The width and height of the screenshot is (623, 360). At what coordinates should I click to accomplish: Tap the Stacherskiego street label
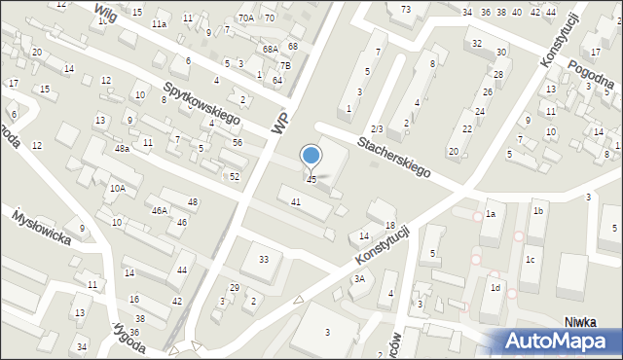click(x=393, y=155)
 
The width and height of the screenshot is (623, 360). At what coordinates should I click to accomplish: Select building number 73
click(x=405, y=9)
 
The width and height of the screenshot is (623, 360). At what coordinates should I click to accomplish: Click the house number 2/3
click(x=377, y=128)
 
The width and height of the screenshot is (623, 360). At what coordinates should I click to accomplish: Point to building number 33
click(x=263, y=259)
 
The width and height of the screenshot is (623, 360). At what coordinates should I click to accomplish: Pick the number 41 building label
click(x=295, y=200)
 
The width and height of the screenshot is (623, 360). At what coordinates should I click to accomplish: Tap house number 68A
click(x=270, y=49)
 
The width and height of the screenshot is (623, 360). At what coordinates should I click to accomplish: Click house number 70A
click(x=245, y=18)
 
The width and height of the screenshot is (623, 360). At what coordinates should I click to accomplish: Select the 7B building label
click(x=285, y=65)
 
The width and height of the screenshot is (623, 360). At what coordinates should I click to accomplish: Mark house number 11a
click(x=158, y=23)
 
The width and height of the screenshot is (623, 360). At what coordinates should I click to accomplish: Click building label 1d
click(x=495, y=288)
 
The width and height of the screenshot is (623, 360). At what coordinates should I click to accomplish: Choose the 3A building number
click(x=358, y=278)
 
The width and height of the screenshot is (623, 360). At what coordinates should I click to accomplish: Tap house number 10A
click(x=117, y=189)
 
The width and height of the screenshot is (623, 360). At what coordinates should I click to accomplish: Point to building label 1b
click(x=537, y=210)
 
